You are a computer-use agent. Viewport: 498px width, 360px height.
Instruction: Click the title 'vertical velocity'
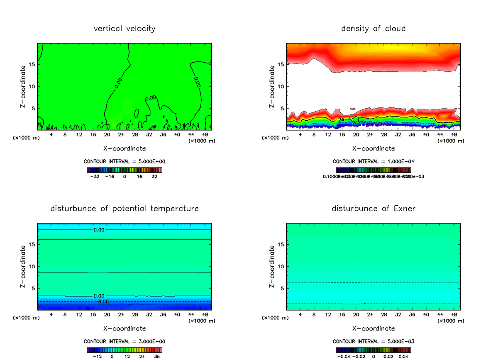(x=124, y=29)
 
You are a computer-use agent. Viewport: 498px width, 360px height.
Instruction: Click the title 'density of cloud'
(x=373, y=29)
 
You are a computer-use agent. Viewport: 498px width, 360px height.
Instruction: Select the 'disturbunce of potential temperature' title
(x=124, y=208)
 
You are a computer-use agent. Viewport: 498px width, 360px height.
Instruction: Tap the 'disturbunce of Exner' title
(x=373, y=208)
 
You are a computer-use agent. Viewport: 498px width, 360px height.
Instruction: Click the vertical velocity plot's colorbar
(x=124, y=170)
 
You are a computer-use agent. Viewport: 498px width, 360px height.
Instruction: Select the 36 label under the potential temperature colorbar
(x=157, y=356)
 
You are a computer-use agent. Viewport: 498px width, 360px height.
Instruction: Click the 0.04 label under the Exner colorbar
(x=403, y=356)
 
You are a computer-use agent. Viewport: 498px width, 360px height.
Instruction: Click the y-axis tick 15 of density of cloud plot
(x=281, y=65)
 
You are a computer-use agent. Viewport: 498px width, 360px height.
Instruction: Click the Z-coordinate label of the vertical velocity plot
(x=24, y=86)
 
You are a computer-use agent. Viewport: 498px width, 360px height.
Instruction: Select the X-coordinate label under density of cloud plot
(x=373, y=148)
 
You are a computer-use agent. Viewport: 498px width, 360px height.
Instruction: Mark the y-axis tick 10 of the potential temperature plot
(x=32, y=267)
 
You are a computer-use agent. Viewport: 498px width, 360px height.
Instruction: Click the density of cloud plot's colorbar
(x=373, y=170)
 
